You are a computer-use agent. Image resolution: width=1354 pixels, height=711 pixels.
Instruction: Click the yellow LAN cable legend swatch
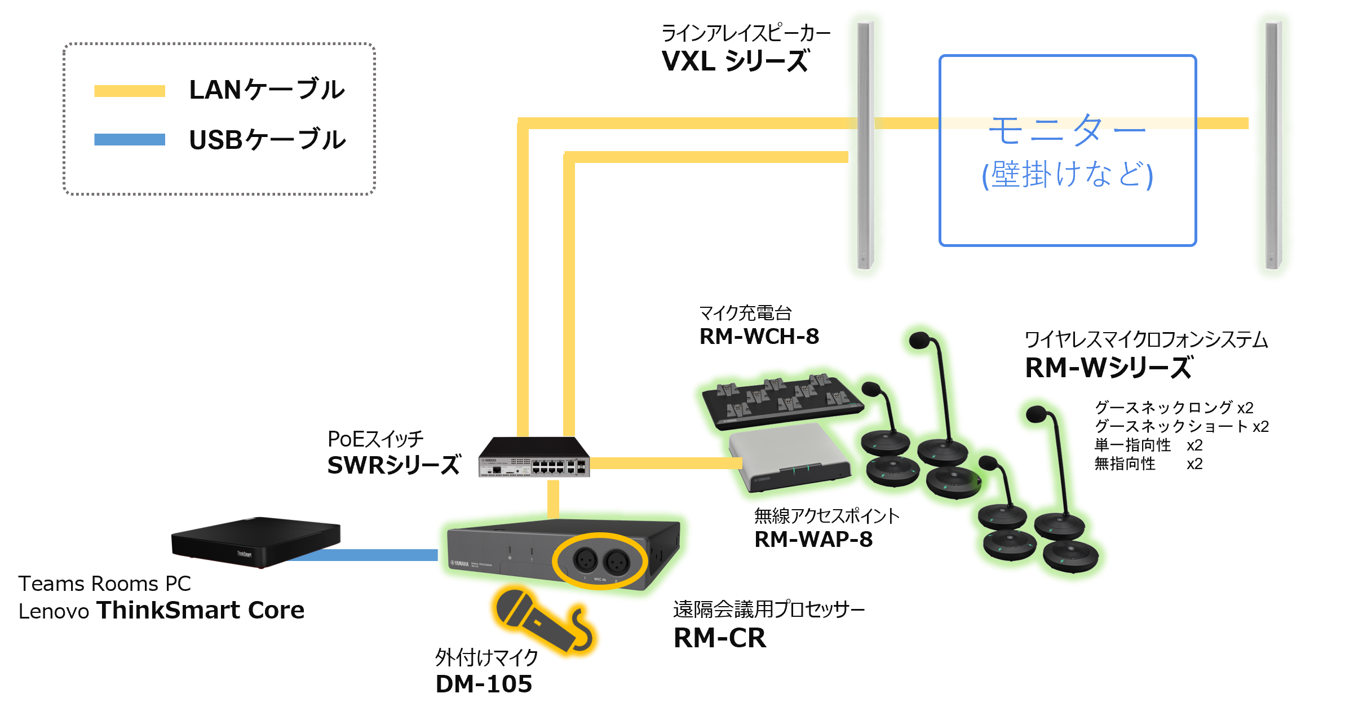[x=129, y=91]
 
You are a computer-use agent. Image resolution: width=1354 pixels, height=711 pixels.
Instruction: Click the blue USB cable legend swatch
[x=129, y=139]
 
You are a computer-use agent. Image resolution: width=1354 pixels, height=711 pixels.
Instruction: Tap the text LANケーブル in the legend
[x=267, y=90]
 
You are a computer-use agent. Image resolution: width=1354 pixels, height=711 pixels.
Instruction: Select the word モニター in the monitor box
[x=1067, y=129]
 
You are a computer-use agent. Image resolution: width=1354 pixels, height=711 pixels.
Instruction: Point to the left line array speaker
[x=864, y=145]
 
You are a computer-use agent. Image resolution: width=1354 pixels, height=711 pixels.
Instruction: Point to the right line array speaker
[x=1273, y=145]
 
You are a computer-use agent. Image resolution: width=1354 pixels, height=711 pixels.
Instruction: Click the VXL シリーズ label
[x=736, y=61]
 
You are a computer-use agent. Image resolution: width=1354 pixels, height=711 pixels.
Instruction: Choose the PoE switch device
[x=533, y=457]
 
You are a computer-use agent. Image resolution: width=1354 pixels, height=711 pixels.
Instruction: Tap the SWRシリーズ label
[x=393, y=465]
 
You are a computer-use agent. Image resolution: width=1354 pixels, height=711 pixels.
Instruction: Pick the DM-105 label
[x=484, y=684]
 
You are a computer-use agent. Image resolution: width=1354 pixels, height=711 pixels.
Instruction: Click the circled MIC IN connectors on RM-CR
[x=599, y=560]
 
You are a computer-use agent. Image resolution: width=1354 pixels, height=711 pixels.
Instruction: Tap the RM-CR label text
[x=720, y=638]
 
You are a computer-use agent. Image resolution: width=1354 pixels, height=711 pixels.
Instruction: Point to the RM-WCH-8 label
[x=759, y=337]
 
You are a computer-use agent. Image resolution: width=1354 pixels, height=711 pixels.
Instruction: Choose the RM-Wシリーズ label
[x=1108, y=368]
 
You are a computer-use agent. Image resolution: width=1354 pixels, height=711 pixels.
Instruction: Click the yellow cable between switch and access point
[x=665, y=463]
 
